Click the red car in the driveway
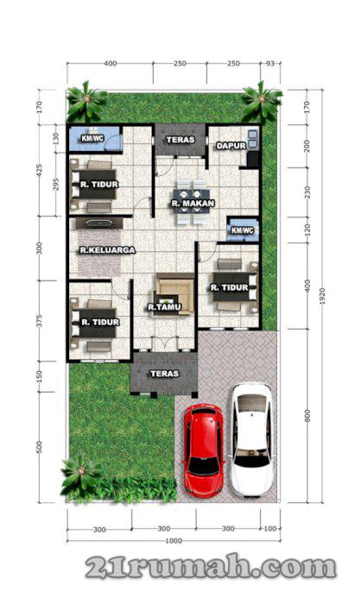[x=202, y=450]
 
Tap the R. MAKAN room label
[x=193, y=203]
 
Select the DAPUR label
[x=231, y=146]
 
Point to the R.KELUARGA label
[x=108, y=250]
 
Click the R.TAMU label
[x=164, y=307]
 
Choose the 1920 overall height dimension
[x=322, y=296]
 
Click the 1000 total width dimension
[x=174, y=540]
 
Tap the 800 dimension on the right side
[x=307, y=416]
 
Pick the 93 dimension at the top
[x=270, y=63]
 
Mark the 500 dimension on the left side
[x=39, y=447]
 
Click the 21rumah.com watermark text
[x=211, y=566]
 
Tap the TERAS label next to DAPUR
[x=180, y=140]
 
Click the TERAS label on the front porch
[x=165, y=374]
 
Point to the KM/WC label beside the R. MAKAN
[x=243, y=230]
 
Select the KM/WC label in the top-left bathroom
[x=92, y=138]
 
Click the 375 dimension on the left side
[x=39, y=321]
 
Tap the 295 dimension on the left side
[x=56, y=185]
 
